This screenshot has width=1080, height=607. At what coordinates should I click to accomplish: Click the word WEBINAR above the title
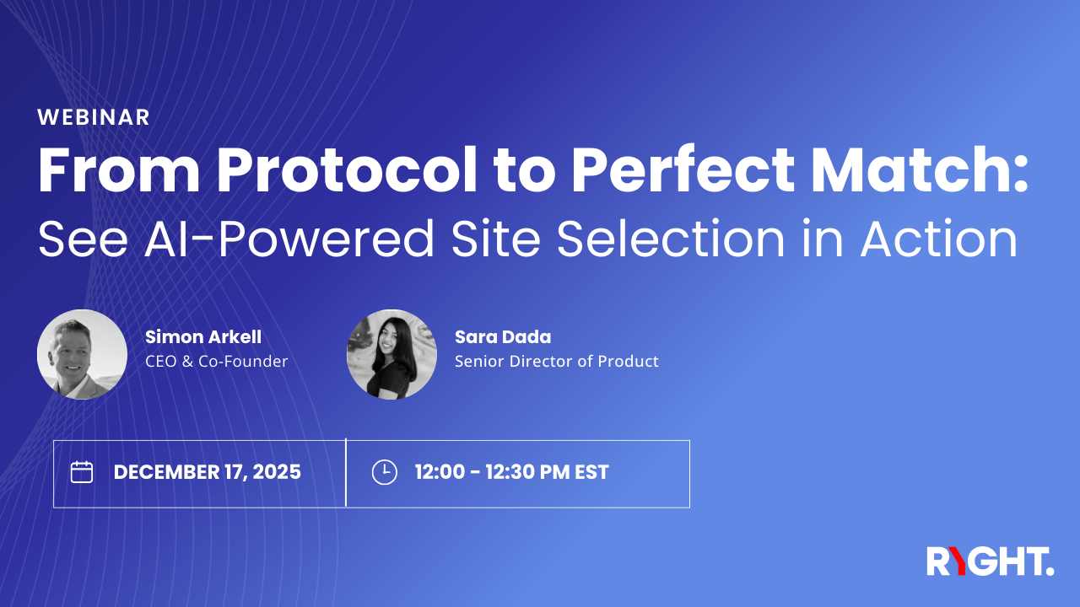[94, 118]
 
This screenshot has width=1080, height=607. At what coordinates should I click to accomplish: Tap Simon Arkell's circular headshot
[82, 354]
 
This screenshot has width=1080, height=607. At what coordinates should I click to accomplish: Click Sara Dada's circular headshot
[391, 354]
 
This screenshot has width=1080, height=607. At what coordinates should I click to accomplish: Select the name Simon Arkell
[203, 337]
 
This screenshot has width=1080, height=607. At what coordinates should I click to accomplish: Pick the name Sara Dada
[503, 337]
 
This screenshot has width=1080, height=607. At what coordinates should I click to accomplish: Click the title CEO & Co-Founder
[217, 362]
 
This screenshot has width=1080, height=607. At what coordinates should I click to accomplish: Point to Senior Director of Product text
[557, 362]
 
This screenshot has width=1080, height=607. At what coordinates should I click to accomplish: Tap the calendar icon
[82, 472]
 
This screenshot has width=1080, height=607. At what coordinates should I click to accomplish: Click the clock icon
[384, 472]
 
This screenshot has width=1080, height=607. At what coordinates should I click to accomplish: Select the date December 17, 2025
[208, 472]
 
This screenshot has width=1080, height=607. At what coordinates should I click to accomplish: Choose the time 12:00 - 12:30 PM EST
[511, 472]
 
